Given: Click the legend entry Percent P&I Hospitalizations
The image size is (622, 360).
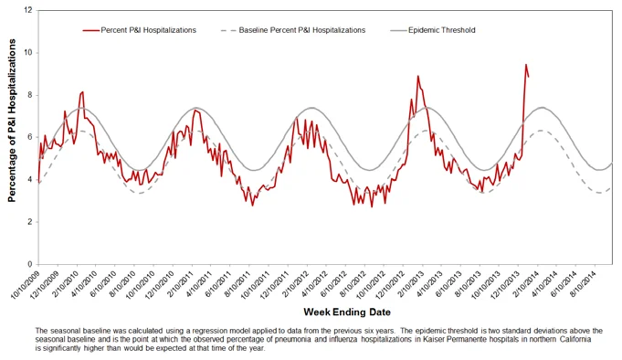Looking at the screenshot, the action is point(140,30).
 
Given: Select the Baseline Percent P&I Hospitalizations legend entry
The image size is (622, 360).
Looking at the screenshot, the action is point(293,30).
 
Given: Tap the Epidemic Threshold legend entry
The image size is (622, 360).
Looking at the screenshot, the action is point(433,30).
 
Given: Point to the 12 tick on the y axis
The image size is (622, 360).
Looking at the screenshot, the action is point(27,10).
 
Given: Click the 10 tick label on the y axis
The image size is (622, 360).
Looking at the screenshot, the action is point(27,53).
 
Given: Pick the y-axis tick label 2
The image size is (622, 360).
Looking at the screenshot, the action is point(30,222).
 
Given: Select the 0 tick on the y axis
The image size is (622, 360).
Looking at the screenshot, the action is point(30,264).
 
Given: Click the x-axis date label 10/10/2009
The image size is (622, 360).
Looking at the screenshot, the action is point(26,285).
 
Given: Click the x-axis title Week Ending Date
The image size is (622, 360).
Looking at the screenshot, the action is point(347,312).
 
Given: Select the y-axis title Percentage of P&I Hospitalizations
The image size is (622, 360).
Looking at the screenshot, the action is point(12,121).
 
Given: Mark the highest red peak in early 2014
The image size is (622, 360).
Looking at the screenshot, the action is point(526,65).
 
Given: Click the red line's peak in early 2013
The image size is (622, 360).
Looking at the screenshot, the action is point(417,76).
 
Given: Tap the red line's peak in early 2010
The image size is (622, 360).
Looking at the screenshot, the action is point(82,92).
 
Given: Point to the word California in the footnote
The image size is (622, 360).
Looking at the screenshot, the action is point(575,340).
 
